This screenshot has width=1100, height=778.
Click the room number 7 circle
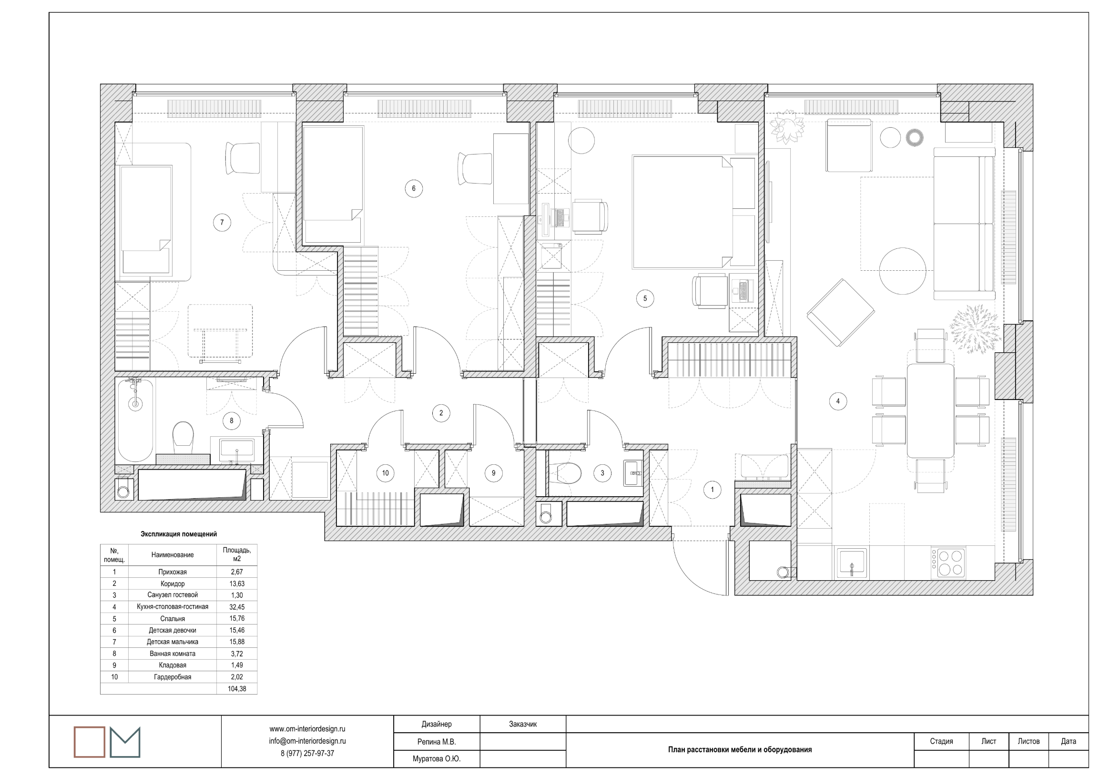point(222,222)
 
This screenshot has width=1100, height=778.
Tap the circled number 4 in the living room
point(838,401)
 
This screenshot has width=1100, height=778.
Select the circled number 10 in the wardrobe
point(386,473)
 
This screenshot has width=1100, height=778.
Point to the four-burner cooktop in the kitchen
point(948,563)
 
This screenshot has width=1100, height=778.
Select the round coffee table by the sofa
point(903,271)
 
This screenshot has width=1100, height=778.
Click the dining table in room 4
point(930,411)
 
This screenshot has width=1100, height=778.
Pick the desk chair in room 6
point(475,168)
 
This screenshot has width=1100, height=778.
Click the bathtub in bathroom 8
point(135,420)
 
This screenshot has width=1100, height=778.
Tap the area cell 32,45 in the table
point(237,607)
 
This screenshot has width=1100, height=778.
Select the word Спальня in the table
point(173,619)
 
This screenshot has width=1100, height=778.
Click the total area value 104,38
point(237,689)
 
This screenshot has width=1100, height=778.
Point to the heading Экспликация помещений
point(179,534)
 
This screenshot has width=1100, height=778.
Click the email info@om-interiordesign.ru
point(307,741)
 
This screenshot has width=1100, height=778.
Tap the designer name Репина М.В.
point(437,742)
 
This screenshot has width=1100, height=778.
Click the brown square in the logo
point(89,742)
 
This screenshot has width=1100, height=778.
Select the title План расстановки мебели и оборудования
point(740,750)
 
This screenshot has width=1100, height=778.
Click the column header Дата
point(1069,742)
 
